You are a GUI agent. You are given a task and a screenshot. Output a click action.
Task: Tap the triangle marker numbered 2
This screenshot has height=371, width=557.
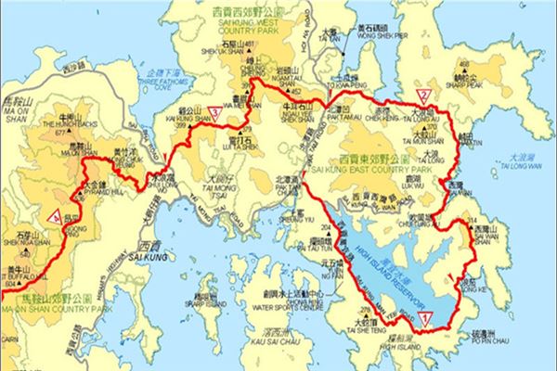tap(422, 95)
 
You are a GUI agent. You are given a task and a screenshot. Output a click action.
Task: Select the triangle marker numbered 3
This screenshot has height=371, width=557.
tap(215, 113)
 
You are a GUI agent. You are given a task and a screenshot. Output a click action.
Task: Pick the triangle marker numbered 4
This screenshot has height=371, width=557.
tap(58, 217)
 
